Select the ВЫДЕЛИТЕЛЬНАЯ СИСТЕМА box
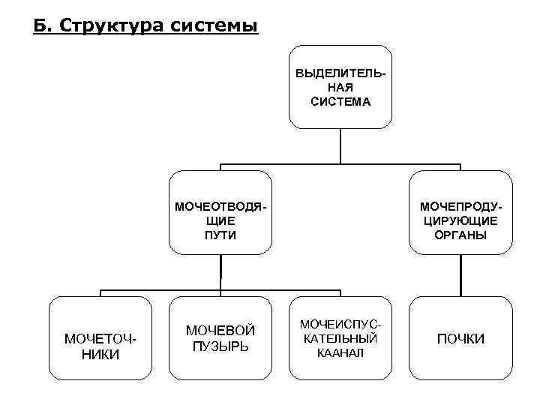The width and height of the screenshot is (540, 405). pos(340,87)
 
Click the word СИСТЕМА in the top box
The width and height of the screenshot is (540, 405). pos(340,100)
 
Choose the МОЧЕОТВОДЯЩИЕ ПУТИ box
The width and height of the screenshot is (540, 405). pos(220,213)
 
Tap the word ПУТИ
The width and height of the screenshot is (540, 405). pos(220,235)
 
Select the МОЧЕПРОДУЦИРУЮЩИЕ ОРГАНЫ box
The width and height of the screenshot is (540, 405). pos(460,213)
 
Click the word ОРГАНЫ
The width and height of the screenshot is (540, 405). pos(460,235)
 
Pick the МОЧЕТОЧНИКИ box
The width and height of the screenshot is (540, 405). pos(101,339)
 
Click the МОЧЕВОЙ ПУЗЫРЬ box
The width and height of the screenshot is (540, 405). pos(220,339)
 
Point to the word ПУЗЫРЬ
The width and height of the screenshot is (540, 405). pos(220,347)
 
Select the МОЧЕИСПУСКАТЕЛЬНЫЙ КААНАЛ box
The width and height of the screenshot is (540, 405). pos(340,339)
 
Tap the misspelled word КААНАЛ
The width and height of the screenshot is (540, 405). pos(340,352)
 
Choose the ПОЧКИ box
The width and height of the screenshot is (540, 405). pos(460,339)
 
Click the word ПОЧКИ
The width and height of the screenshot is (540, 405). pos(460,340)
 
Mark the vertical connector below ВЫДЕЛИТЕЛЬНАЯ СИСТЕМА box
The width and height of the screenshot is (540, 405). pos(340,145)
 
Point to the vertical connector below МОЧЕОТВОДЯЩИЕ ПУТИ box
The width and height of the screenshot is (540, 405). pos(220,272)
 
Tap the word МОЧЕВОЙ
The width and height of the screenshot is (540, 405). pos(220,331)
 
